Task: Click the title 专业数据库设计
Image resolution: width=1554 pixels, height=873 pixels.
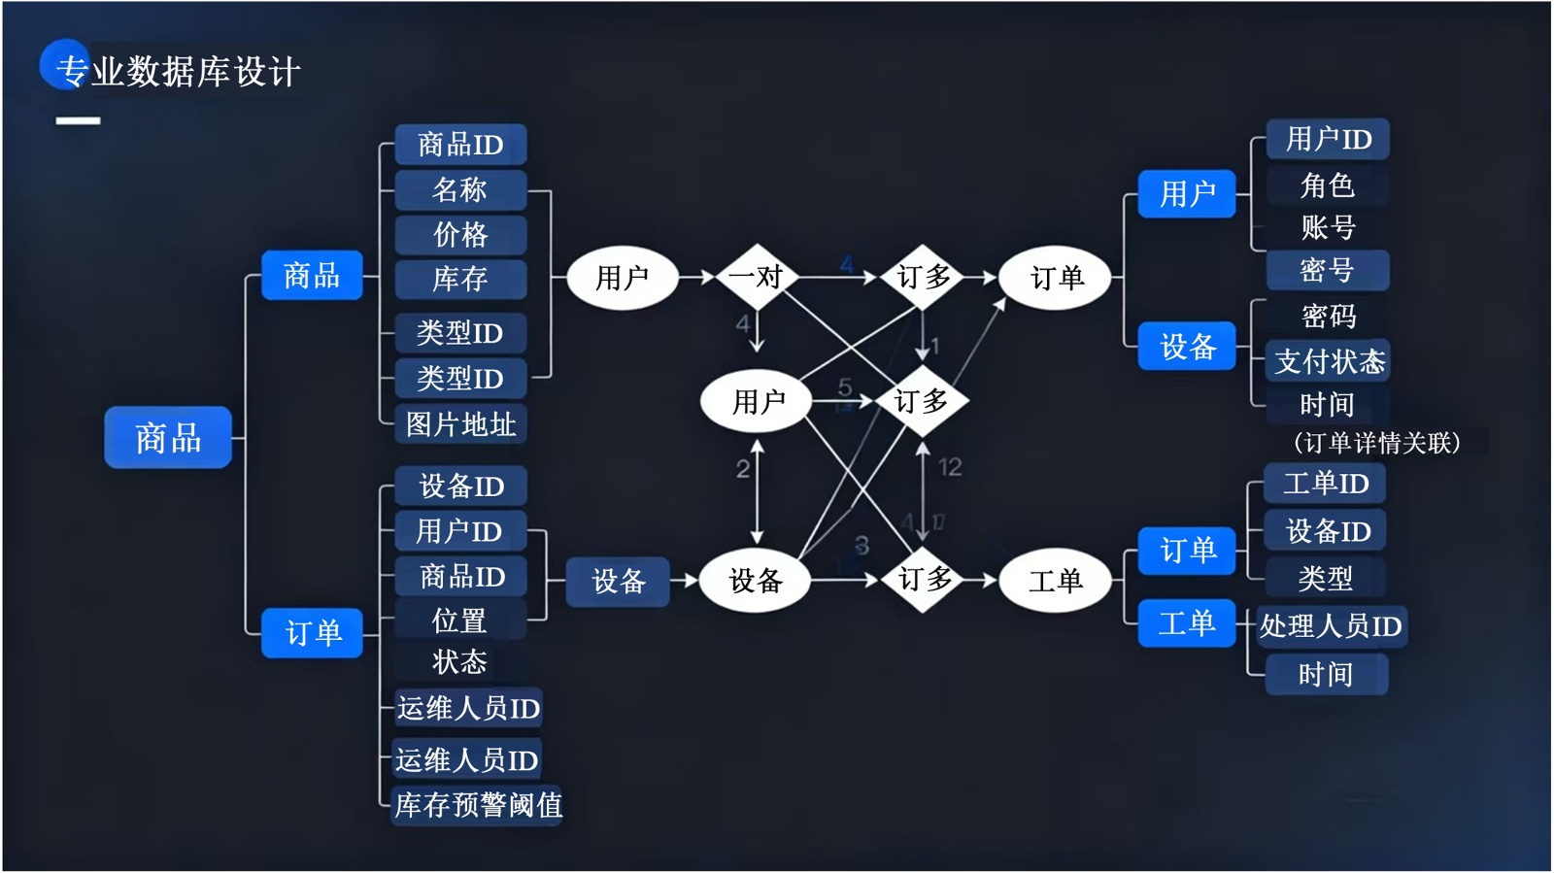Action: point(179,72)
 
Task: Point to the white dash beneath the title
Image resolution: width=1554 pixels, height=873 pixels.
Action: point(78,120)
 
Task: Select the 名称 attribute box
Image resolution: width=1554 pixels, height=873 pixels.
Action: point(460,189)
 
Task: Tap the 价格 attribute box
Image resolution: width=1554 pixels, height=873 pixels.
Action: point(460,234)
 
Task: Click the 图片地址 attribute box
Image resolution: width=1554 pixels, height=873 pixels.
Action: point(460,424)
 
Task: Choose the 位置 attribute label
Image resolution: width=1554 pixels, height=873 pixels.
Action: point(459,621)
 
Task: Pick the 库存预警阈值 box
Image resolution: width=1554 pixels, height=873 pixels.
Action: point(478,805)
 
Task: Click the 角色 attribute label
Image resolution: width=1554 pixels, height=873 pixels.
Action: point(1327,185)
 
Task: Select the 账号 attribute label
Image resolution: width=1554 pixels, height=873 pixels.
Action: point(1327,227)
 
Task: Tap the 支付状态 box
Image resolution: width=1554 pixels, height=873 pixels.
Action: point(1329,361)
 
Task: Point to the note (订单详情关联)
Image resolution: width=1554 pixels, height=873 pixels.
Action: point(1376,443)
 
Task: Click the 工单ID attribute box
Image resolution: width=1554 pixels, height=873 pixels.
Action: point(1326,483)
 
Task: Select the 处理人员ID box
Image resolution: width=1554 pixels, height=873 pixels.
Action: point(1331,626)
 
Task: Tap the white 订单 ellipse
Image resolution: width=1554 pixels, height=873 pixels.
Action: point(1056,278)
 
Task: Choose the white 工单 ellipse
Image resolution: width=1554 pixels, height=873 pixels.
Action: point(1055,581)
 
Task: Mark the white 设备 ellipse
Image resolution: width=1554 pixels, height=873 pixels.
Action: point(756,581)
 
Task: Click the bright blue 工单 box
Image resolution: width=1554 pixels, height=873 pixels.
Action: point(1186,622)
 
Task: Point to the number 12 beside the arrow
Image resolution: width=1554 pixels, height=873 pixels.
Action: point(950,467)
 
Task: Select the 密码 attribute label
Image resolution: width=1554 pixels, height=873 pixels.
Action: point(1328,316)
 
